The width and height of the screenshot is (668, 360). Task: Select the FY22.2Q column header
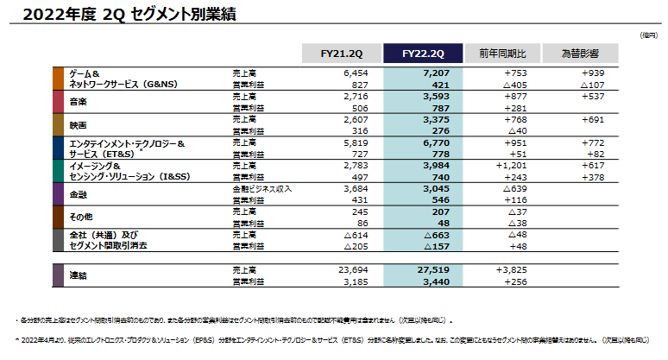(420, 54)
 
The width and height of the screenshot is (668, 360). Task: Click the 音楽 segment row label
(78, 101)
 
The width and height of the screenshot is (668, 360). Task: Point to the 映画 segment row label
(78, 124)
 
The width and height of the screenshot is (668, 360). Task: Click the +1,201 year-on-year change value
(519, 165)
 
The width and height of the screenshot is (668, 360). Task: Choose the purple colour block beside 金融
(57, 194)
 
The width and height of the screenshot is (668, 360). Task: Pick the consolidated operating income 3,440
(437, 281)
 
